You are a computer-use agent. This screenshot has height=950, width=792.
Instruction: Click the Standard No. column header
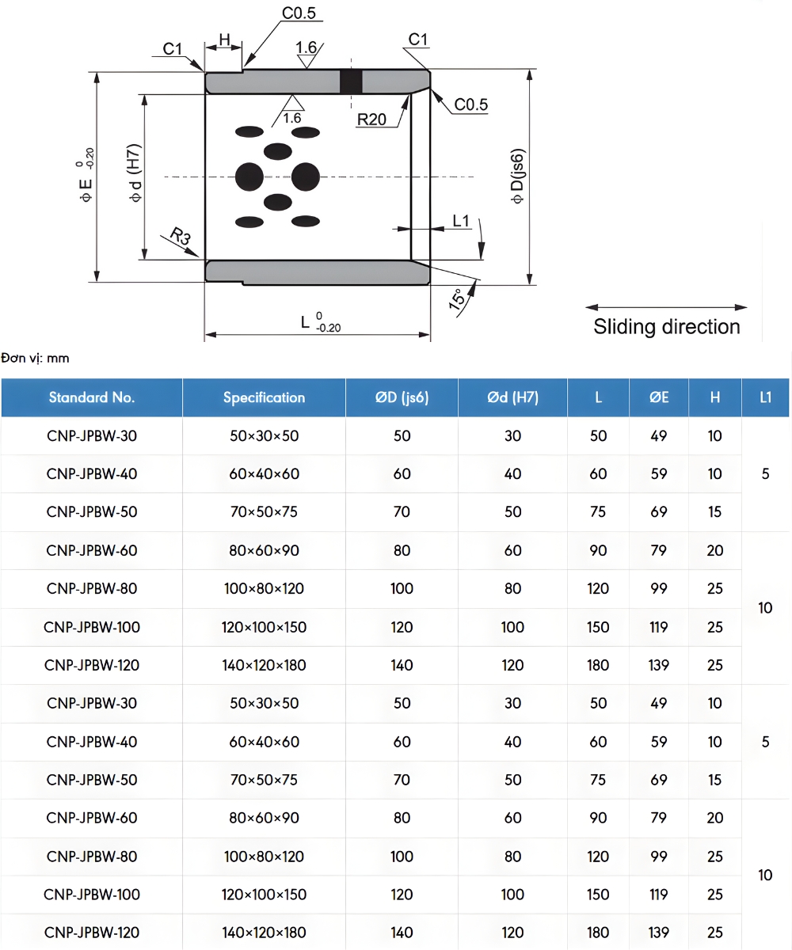point(92,397)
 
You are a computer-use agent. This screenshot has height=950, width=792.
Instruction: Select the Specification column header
point(264,397)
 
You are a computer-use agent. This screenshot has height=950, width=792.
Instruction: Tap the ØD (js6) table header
point(402,397)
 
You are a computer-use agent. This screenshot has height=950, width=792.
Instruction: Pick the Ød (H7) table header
point(512,397)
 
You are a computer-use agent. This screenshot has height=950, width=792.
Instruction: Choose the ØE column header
point(659,397)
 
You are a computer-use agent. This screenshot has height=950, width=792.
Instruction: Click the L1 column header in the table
point(765,397)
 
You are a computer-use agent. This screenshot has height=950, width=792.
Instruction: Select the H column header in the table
point(715,397)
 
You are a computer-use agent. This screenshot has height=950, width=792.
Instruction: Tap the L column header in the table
point(598,397)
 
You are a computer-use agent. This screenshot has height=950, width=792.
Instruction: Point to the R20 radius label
point(371,120)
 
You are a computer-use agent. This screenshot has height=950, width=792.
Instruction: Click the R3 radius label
point(181,236)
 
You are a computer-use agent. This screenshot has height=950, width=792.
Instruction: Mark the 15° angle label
point(458,302)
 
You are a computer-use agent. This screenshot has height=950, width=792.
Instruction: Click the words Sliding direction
point(667,327)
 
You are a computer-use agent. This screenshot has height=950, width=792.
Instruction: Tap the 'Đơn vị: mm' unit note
point(36,359)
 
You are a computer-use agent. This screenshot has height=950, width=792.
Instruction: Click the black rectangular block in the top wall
point(351,81)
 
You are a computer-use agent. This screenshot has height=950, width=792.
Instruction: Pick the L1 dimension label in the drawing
point(462,220)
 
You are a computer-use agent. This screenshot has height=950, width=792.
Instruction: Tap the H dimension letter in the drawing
point(224,40)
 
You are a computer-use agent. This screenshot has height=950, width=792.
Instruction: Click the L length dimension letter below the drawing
point(306,322)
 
